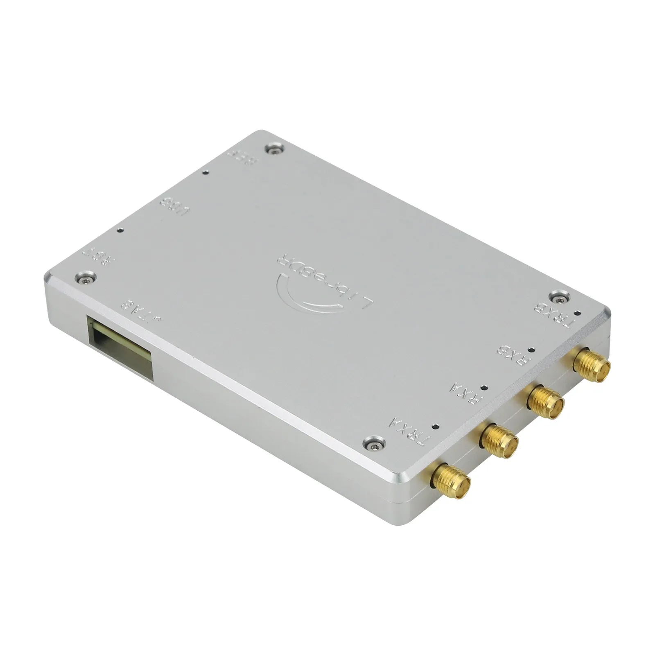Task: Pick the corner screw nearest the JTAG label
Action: [x=86, y=277]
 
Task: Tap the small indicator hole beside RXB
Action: [x=531, y=350]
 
